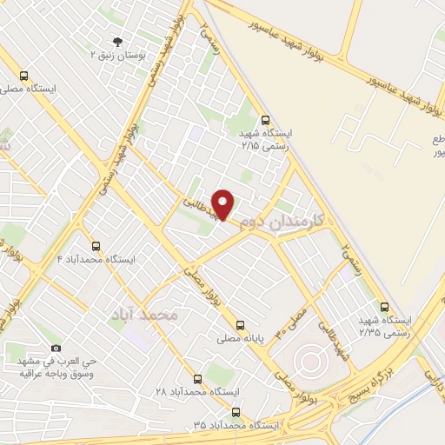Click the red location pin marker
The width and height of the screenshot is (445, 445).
click(x=223, y=203)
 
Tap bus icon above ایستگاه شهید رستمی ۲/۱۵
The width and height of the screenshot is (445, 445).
click(x=265, y=121)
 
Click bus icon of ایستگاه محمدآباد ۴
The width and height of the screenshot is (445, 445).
click(x=96, y=246)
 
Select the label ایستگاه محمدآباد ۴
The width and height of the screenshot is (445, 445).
click(x=96, y=259)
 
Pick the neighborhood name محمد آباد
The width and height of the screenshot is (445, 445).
click(x=147, y=314)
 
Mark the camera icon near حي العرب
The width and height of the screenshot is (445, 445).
click(x=56, y=348)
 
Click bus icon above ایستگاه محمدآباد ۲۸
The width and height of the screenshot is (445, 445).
click(x=197, y=379)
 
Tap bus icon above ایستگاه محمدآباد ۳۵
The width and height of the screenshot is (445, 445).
click(x=237, y=414)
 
